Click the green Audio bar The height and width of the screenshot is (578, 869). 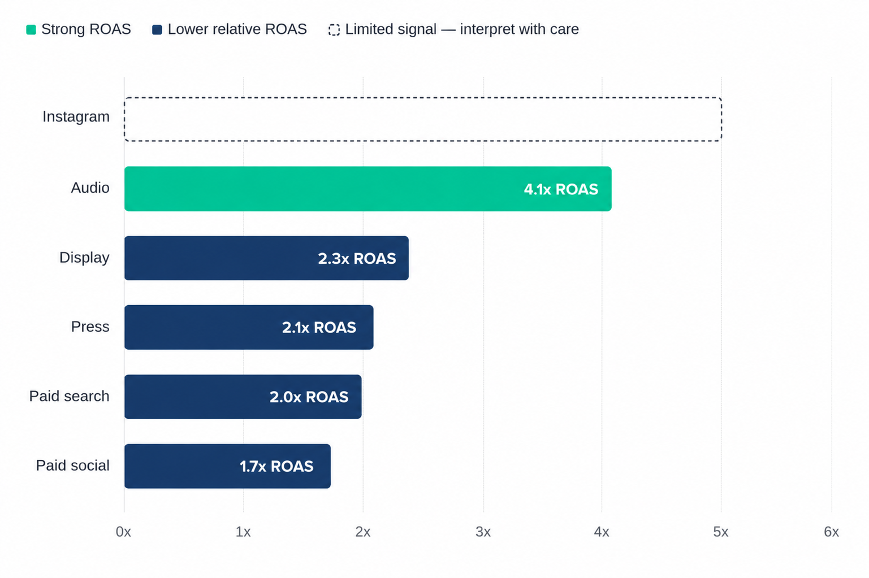click(x=368, y=189)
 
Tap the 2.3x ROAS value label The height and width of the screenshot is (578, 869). click(x=357, y=259)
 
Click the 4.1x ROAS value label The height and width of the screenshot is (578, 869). click(x=561, y=189)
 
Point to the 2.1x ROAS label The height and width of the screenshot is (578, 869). click(x=319, y=328)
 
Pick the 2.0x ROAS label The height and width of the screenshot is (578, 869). click(x=309, y=397)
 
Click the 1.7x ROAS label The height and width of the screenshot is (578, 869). click(x=276, y=466)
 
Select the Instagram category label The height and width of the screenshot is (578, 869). click(x=76, y=117)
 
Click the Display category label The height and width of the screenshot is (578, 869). click(x=84, y=258)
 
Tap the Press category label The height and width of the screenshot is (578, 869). click(x=90, y=327)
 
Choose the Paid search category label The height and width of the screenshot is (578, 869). click(x=69, y=396)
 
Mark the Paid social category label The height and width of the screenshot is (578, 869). click(x=72, y=466)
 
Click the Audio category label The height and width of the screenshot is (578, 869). click(x=90, y=188)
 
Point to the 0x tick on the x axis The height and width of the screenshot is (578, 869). click(x=123, y=532)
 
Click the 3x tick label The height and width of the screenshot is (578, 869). click(x=483, y=532)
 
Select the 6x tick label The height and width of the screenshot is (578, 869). click(x=831, y=532)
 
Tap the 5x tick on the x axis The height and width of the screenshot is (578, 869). click(x=721, y=532)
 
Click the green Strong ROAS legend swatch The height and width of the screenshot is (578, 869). click(x=31, y=30)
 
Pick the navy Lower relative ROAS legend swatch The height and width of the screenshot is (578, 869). click(x=157, y=30)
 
